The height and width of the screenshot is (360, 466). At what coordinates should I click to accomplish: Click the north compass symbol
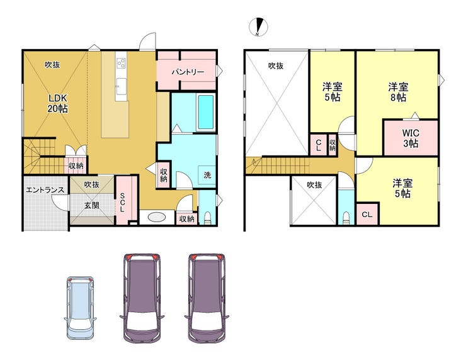tap(258, 27)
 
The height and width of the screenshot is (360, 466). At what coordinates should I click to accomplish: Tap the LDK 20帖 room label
tap(58, 103)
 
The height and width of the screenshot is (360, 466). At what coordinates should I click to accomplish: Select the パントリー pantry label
tap(188, 72)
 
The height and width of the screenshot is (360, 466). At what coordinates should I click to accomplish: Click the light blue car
tap(80, 308)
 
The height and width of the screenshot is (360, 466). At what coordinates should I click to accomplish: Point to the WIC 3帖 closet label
tap(411, 138)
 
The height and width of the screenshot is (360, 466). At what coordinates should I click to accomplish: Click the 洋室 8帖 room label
tap(398, 92)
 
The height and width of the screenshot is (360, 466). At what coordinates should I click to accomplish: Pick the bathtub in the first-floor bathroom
tap(206, 112)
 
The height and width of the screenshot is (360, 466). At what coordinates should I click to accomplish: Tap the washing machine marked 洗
tap(207, 175)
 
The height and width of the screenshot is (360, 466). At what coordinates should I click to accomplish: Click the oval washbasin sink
tap(157, 217)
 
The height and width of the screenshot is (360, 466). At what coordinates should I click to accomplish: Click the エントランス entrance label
tap(45, 190)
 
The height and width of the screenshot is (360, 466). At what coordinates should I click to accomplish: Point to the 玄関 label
tap(91, 205)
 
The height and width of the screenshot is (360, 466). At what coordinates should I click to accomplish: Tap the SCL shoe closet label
tap(122, 202)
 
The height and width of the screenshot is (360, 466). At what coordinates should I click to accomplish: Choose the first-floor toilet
tap(207, 218)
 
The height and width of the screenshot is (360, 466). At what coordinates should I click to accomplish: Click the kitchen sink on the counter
tap(121, 86)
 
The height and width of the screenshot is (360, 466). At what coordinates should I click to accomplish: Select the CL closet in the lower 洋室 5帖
tap(367, 214)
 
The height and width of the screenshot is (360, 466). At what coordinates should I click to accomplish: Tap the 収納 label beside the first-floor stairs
tap(76, 166)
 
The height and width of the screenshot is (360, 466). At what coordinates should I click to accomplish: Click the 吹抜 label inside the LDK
tap(52, 64)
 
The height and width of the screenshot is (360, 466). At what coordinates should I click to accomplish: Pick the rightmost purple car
tap(207, 298)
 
